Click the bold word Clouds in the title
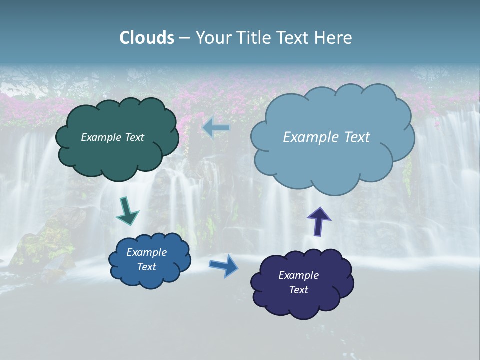tap(147, 38)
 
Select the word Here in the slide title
tap(335, 38)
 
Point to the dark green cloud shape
tap(117, 155)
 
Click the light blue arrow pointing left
tap(216, 128)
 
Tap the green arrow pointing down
tap(127, 212)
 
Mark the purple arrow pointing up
tap(319, 221)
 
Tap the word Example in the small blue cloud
tap(146, 252)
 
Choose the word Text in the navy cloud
tap(298, 290)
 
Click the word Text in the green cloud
tap(134, 137)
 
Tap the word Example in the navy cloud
tap(298, 275)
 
